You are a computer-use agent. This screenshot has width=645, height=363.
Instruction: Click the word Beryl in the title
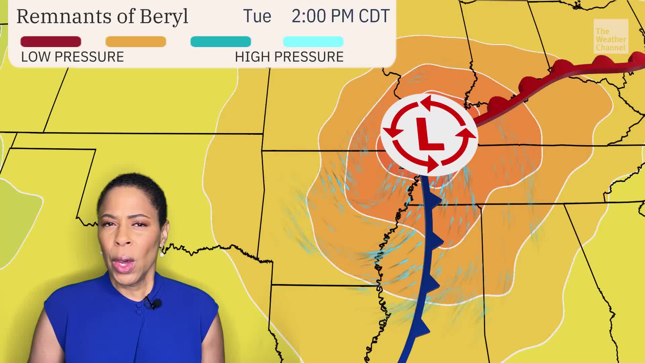[x=164, y=16]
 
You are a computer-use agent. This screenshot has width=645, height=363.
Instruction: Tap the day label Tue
[x=257, y=16]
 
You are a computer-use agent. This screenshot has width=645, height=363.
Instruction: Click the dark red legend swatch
[x=51, y=42]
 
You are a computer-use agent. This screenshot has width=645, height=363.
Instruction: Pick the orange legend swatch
[x=136, y=42]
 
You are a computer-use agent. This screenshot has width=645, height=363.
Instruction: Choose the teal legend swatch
[x=221, y=42]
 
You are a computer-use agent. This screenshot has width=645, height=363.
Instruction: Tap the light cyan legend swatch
[x=313, y=42]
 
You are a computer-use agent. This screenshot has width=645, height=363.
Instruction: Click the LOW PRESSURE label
[x=73, y=57]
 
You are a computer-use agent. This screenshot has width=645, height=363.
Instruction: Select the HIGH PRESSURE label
[x=289, y=57]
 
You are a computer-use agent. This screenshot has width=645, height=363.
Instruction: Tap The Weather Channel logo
[x=610, y=36]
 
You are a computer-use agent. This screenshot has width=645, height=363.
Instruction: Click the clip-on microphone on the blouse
[x=155, y=304]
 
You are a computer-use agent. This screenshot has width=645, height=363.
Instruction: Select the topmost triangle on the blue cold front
[x=436, y=201]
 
